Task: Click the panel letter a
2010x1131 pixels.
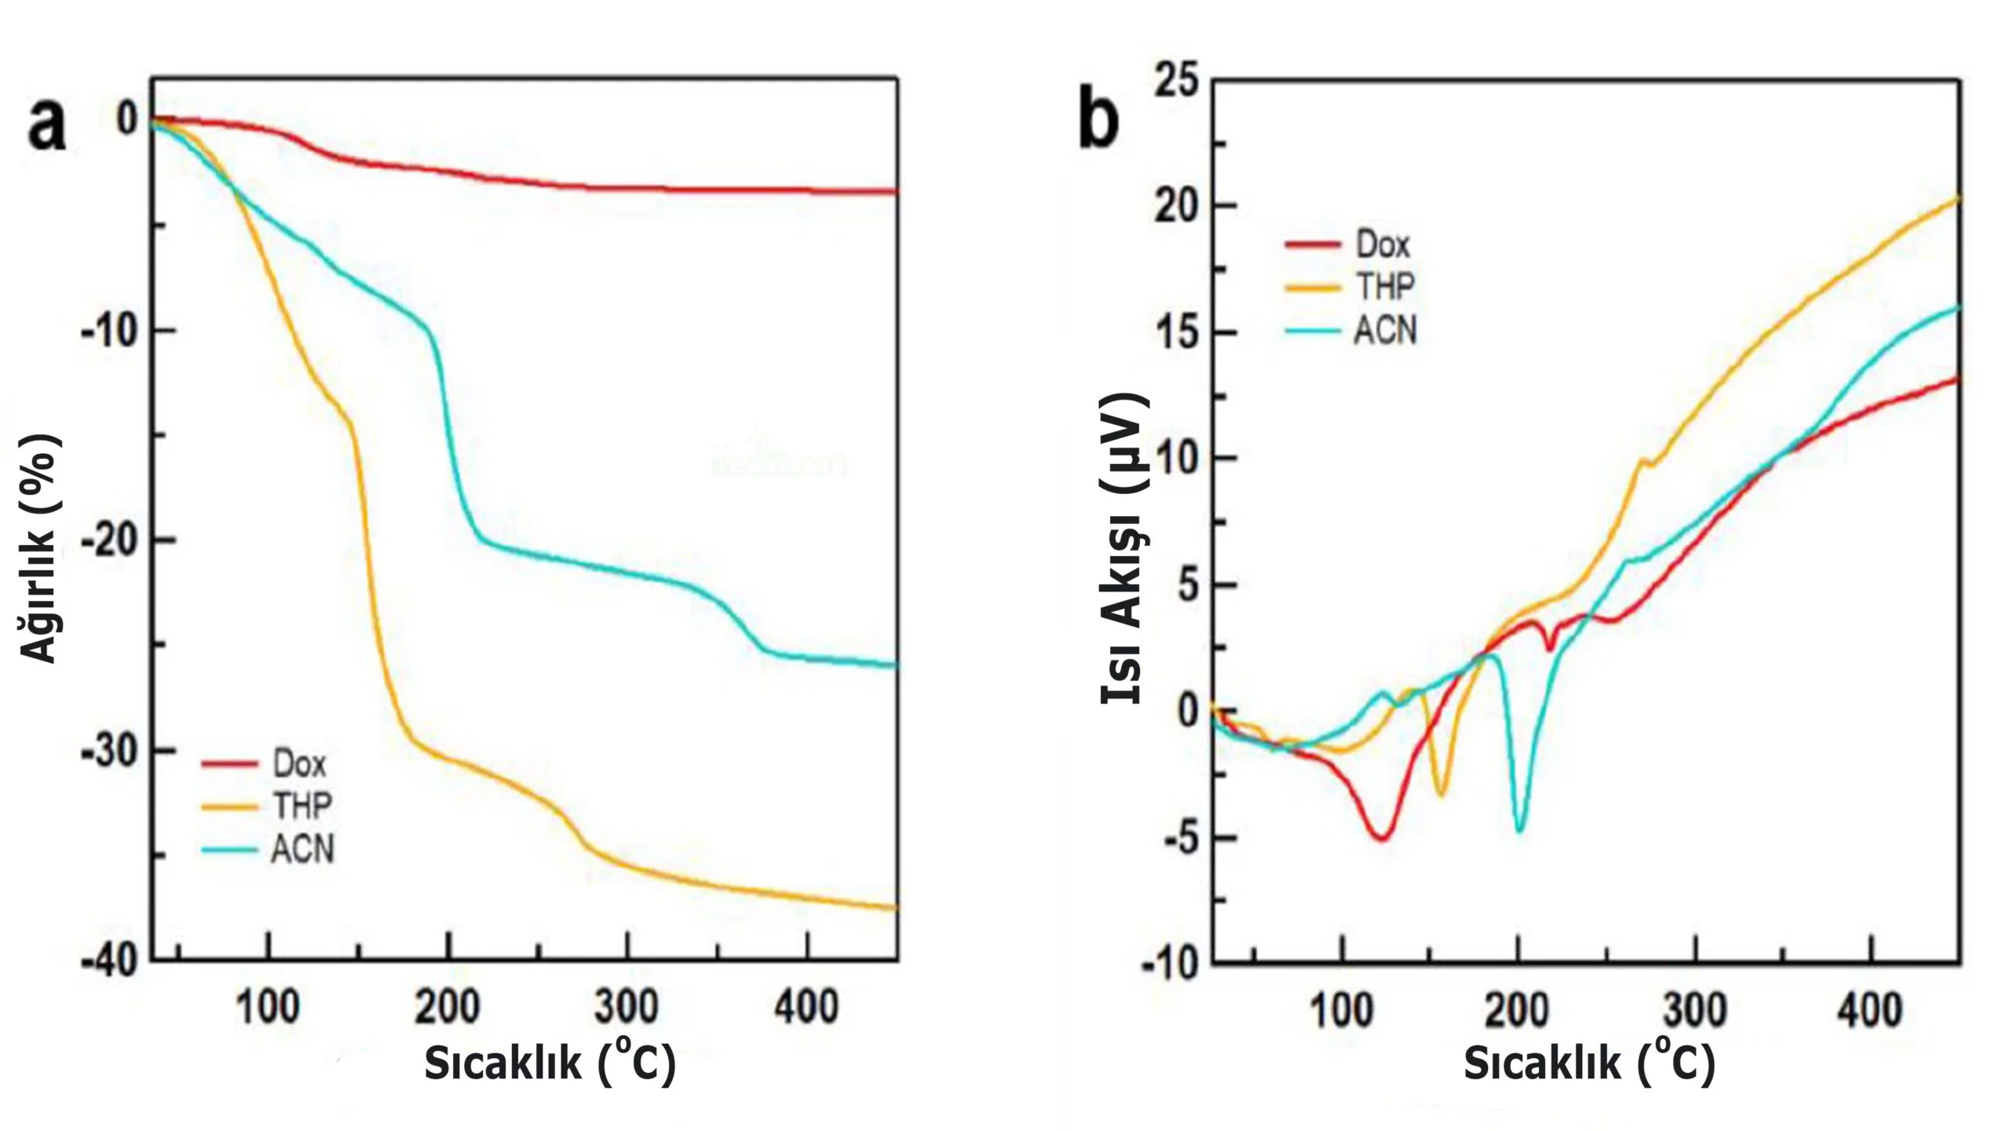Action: coord(46,126)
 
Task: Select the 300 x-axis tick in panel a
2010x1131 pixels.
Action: coord(627,1006)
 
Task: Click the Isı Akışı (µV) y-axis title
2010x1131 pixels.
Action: coord(1124,550)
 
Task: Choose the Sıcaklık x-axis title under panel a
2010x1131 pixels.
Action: coord(550,1062)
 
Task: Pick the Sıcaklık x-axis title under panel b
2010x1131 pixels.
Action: coord(1589,1062)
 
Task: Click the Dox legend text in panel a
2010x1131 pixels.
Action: coord(299,763)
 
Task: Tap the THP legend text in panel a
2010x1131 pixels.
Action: coord(302,806)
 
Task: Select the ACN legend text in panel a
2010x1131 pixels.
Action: coord(303,849)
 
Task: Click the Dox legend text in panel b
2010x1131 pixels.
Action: coord(1383,245)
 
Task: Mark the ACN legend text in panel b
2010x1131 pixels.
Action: coord(1386,331)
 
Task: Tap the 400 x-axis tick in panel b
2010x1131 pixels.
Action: coord(1871,1010)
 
